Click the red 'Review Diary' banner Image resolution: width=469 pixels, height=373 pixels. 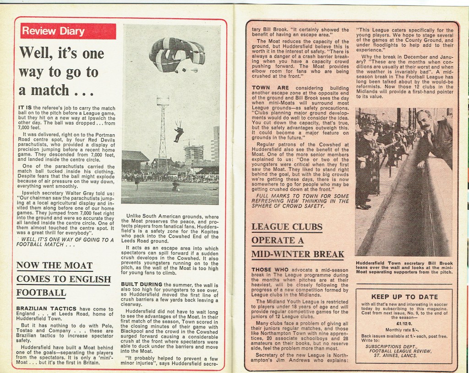tap(54, 31)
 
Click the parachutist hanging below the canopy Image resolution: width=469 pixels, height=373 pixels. tap(179, 132)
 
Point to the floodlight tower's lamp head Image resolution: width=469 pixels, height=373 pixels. tap(163, 100)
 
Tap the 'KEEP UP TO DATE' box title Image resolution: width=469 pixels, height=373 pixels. tap(404, 297)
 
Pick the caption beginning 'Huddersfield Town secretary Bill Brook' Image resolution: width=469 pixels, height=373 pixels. tap(404, 268)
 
